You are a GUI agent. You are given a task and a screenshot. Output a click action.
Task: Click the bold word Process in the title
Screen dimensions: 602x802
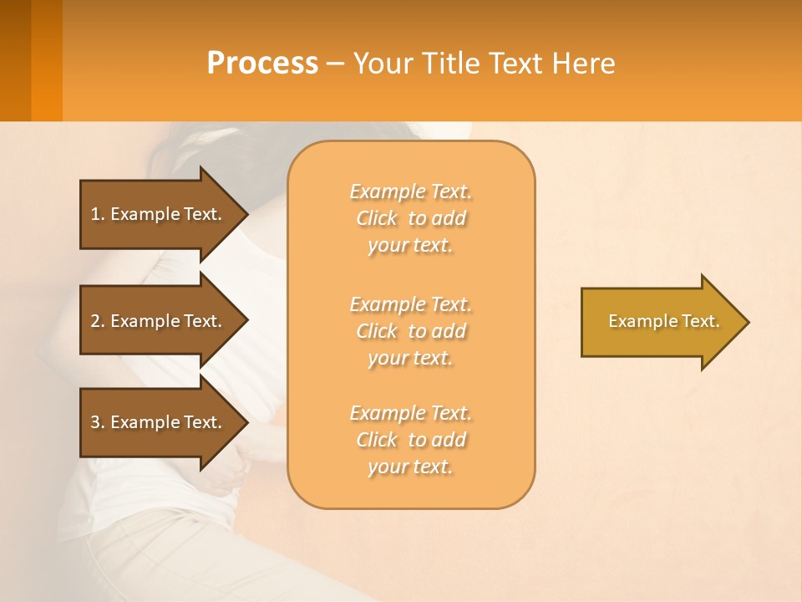[262, 64]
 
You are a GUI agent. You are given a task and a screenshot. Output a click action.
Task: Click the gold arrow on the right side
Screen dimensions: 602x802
[660, 322]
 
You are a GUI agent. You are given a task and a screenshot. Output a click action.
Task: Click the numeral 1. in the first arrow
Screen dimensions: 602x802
[97, 214]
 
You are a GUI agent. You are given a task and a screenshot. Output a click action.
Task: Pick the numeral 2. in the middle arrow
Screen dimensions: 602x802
[97, 321]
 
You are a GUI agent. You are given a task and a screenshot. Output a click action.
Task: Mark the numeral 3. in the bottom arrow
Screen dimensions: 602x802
[97, 422]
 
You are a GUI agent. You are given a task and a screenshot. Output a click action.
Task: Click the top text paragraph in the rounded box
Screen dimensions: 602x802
[410, 218]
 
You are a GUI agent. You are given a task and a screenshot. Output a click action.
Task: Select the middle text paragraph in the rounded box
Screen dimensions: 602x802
[410, 331]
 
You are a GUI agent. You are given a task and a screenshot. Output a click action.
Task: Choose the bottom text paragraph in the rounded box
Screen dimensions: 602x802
[410, 440]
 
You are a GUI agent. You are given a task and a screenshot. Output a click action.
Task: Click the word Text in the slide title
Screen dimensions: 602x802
[515, 64]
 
